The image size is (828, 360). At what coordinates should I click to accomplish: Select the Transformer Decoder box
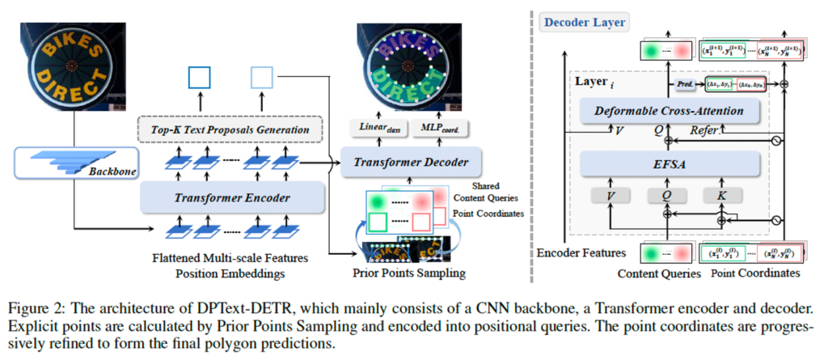point(412,162)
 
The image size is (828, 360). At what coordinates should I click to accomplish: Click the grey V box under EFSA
point(612,196)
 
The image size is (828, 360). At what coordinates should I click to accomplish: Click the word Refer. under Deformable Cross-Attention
point(708,129)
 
